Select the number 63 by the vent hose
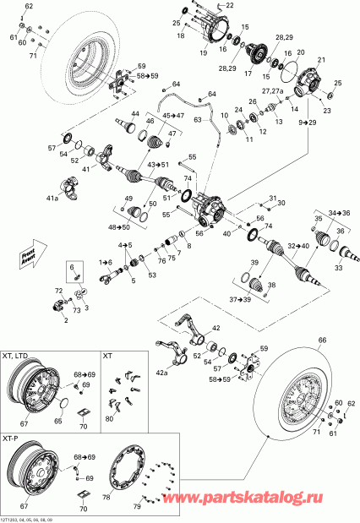[197, 122]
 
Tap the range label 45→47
[172, 115]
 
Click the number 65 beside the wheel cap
[58, 419]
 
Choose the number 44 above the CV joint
[134, 114]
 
